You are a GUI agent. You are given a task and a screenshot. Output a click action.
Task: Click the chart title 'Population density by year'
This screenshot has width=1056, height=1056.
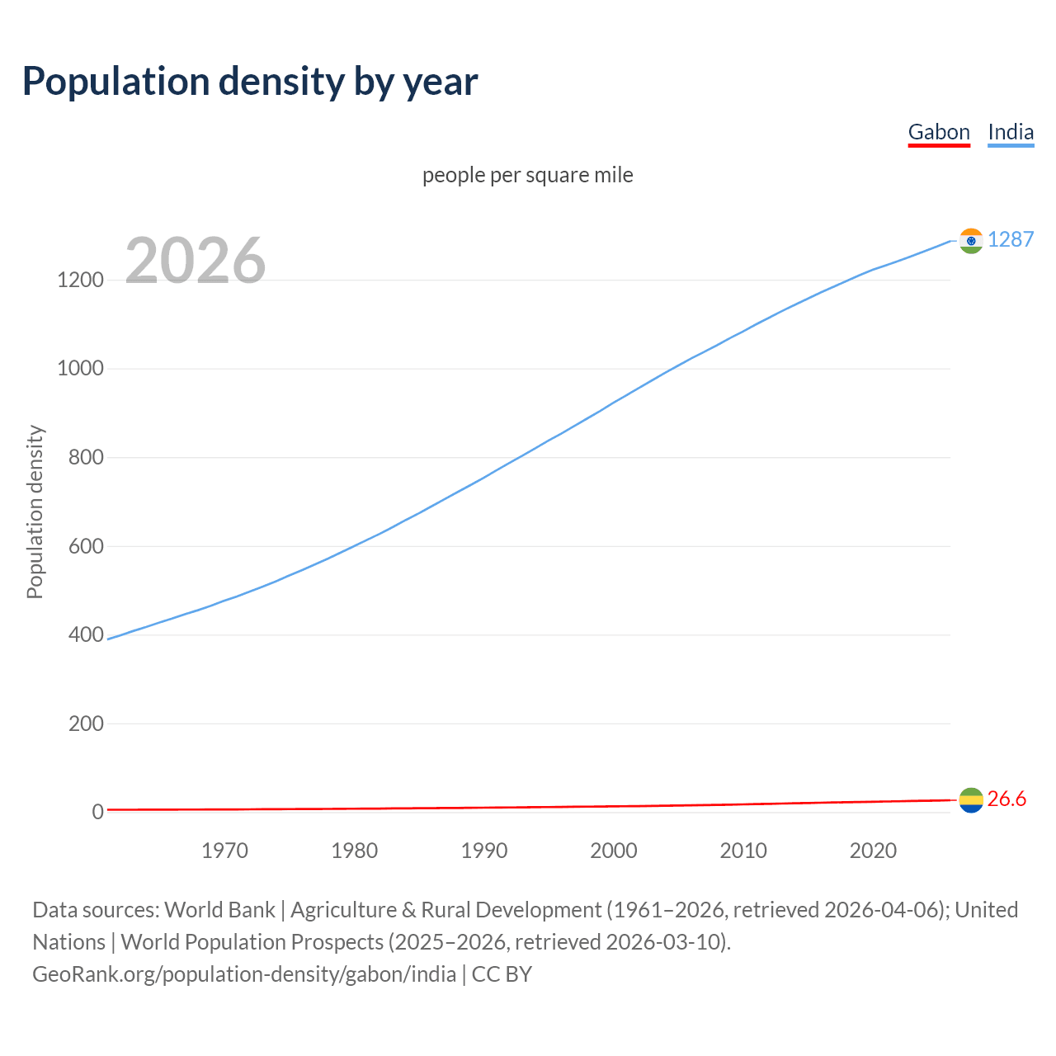[x=250, y=82]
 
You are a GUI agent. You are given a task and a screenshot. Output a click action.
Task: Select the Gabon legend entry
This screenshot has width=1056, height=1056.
[x=939, y=132]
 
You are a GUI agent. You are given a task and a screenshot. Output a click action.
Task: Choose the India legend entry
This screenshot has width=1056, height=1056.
[x=1011, y=132]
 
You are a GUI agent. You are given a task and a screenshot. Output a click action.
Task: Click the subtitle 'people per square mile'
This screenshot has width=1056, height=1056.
[x=528, y=176]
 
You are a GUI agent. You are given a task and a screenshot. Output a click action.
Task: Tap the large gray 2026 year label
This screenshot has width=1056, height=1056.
[x=196, y=261]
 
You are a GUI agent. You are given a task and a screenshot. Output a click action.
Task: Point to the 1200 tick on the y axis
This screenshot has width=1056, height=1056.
[x=81, y=280]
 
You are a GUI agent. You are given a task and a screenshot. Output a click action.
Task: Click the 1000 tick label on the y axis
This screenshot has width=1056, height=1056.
[x=81, y=369]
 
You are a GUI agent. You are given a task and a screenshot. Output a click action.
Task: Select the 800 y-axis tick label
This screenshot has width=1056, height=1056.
[x=86, y=457]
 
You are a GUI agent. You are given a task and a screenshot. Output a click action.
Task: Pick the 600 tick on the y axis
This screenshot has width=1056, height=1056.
[x=86, y=546]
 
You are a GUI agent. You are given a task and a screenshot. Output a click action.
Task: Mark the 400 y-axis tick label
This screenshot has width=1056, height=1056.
[x=86, y=635]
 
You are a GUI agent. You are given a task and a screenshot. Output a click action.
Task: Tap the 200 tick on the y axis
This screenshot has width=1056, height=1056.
[x=86, y=724]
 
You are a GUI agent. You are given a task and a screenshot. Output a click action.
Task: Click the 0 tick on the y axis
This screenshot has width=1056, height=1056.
[x=98, y=813]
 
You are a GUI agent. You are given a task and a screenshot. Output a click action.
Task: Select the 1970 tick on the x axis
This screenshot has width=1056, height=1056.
[x=225, y=851]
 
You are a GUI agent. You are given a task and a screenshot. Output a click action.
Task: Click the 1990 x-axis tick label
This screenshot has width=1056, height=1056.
[x=484, y=851]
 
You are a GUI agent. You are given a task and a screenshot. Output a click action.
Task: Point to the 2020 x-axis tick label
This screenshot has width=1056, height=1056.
[x=873, y=851]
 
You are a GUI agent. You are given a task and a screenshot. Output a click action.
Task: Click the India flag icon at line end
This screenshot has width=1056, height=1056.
[x=971, y=240]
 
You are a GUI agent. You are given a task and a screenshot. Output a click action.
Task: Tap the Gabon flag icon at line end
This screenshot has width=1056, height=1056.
[x=971, y=799]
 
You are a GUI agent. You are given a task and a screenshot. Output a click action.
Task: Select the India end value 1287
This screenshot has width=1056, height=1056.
[x=1011, y=239]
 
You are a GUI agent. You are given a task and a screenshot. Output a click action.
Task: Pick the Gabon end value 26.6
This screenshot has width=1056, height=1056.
[x=1006, y=799]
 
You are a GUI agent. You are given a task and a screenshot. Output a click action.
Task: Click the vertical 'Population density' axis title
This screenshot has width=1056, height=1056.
[x=35, y=511]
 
